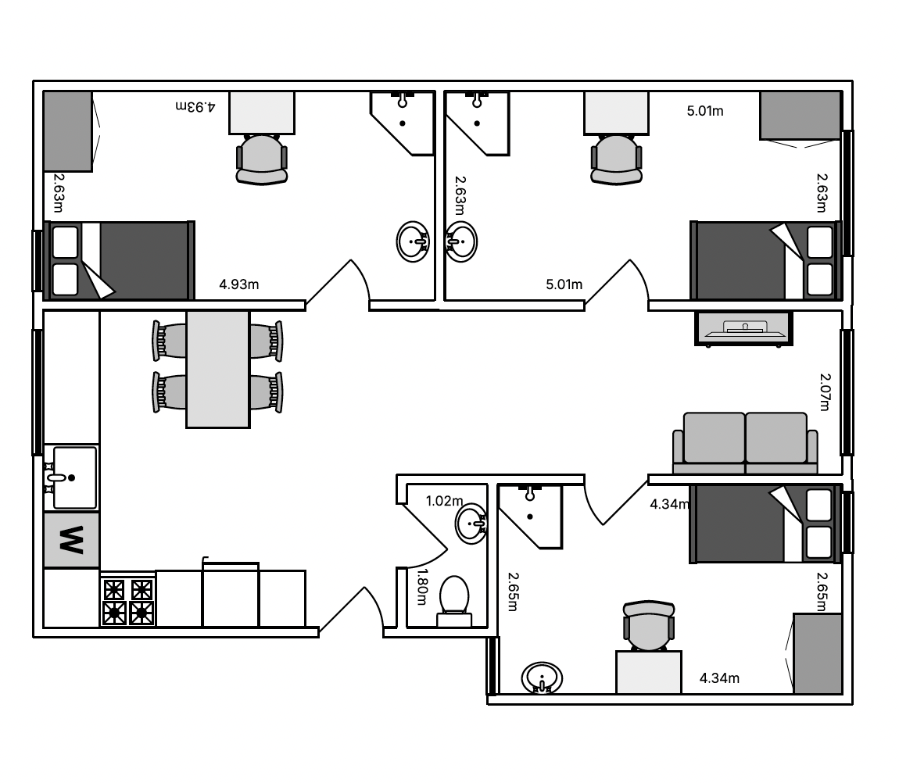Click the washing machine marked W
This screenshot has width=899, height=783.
[x=72, y=540]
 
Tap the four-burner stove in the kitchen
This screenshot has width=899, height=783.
[x=128, y=600]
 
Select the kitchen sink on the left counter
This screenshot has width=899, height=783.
[x=72, y=477]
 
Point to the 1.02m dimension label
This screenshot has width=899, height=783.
[x=444, y=501]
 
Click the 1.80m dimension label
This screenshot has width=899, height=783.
[x=422, y=586]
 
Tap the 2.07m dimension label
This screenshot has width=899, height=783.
[x=825, y=392]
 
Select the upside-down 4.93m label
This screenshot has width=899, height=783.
[x=195, y=106]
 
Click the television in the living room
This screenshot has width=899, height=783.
[x=743, y=328]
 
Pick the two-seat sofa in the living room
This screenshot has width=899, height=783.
[x=745, y=443]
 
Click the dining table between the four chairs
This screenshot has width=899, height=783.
[x=218, y=369]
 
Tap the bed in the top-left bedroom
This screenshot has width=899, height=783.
[x=120, y=260]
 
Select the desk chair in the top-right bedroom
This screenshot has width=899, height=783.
[x=616, y=159]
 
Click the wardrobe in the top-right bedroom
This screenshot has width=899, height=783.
[x=801, y=115]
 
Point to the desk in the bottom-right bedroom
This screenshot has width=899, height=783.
[x=648, y=672]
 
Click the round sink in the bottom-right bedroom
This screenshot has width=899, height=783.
[x=542, y=678]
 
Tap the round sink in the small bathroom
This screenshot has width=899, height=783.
[x=471, y=524]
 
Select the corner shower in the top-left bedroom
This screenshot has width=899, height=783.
[x=403, y=123]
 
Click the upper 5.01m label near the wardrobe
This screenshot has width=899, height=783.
[x=705, y=111]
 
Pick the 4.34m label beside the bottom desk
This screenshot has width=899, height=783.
[x=719, y=678]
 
